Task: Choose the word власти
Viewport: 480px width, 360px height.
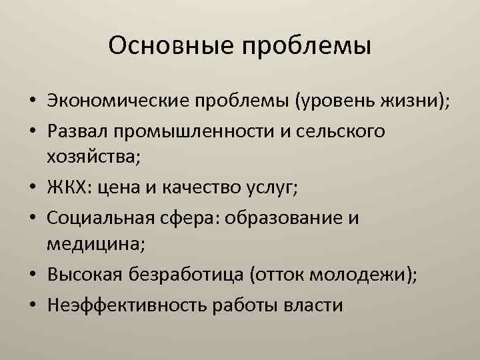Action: pyautogui.click(x=314, y=304)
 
